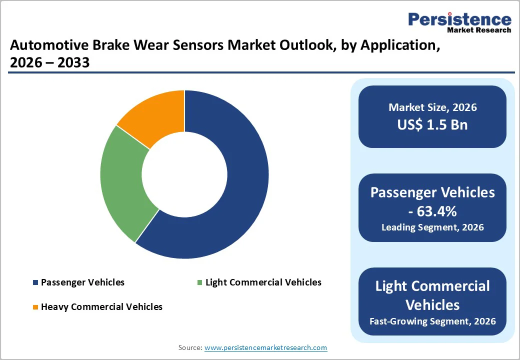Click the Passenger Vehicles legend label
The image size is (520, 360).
pyautogui.click(x=82, y=282)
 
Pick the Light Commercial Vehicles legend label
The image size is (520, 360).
pyautogui.click(x=263, y=282)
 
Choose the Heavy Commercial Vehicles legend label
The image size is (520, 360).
pyautogui.click(x=101, y=307)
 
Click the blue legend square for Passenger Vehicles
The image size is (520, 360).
pyautogui.click(x=35, y=283)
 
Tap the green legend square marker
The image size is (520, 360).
pyautogui.click(x=200, y=283)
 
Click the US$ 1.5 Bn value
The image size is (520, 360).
pyautogui.click(x=432, y=124)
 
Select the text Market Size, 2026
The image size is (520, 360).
pyautogui.click(x=432, y=107)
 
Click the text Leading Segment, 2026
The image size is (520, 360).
pyautogui.click(x=432, y=227)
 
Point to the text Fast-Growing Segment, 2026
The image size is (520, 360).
pyautogui.click(x=432, y=321)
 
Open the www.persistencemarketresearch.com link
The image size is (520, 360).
pyautogui.click(x=265, y=347)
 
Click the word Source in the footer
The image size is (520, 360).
pyautogui.click(x=189, y=347)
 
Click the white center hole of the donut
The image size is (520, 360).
pyautogui.click(x=184, y=174)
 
